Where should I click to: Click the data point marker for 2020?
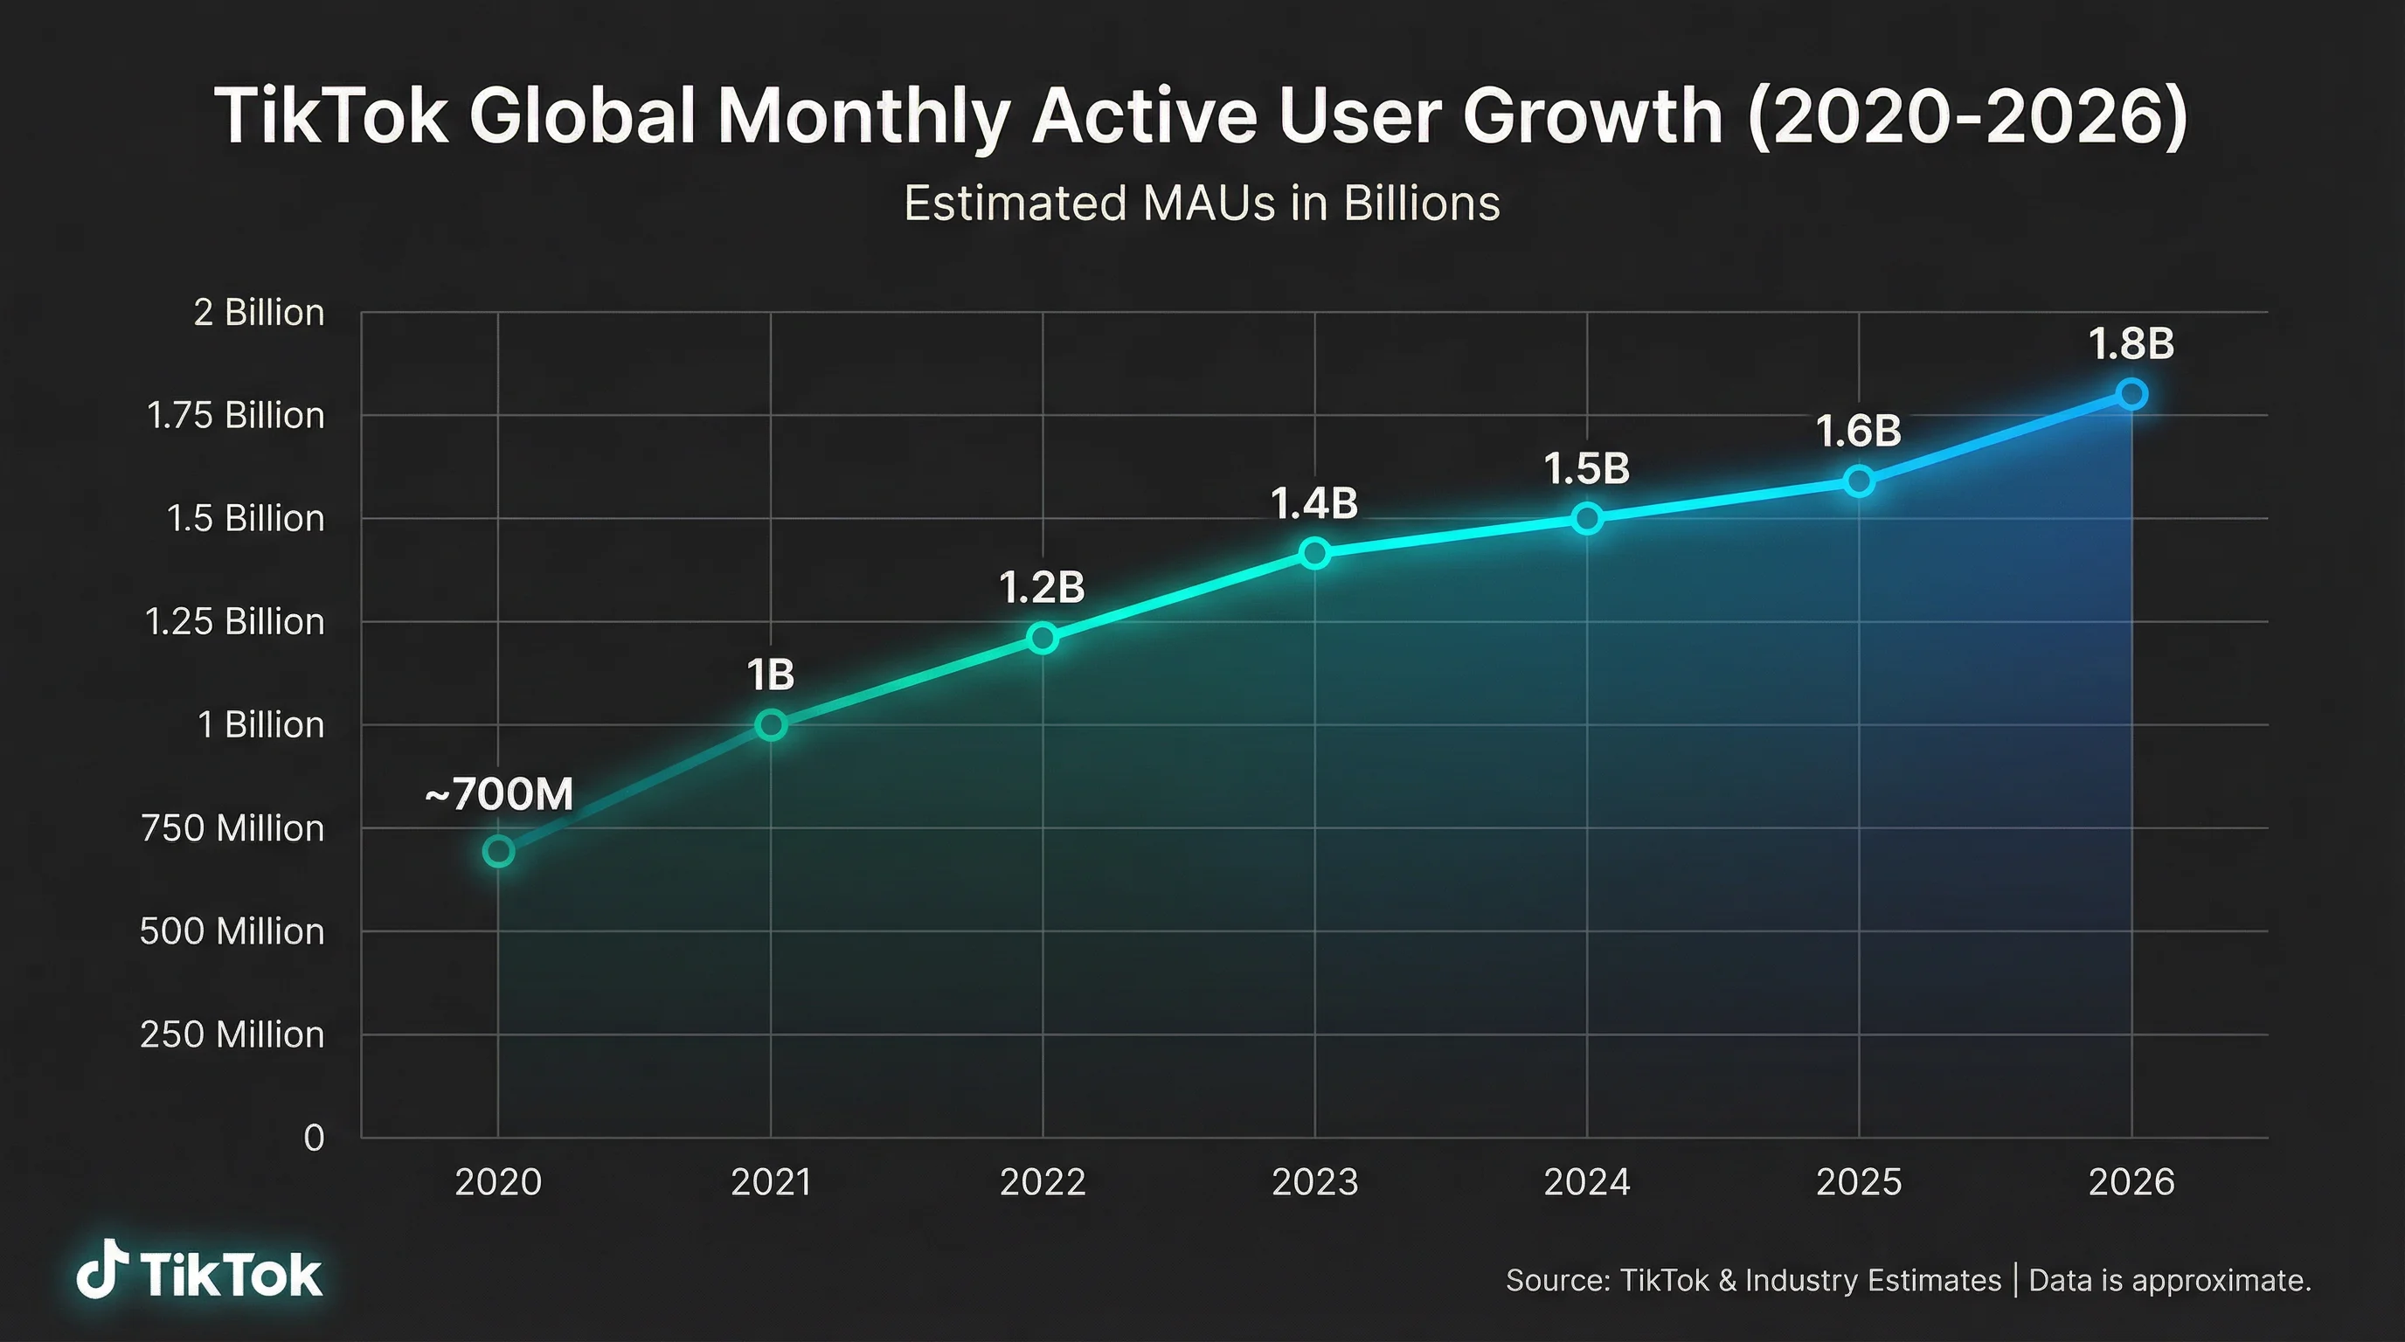pyautogui.click(x=498, y=851)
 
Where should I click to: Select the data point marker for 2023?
pyautogui.click(x=1314, y=553)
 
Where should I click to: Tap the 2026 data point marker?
pyautogui.click(x=2131, y=394)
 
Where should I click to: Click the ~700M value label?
pyautogui.click(x=498, y=795)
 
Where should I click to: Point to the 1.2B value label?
pyautogui.click(x=1042, y=588)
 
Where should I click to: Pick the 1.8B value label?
pyautogui.click(x=2131, y=344)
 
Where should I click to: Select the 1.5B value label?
pyautogui.click(x=1586, y=468)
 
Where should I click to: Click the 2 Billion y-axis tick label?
pyautogui.click(x=259, y=313)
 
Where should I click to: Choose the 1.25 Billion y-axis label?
pyautogui.click(x=234, y=621)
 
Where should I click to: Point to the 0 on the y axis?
pyautogui.click(x=314, y=1138)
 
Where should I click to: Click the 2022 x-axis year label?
pyautogui.click(x=1042, y=1182)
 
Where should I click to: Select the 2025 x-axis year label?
pyautogui.click(x=1859, y=1182)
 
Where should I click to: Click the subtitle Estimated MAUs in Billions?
pyautogui.click(x=1202, y=204)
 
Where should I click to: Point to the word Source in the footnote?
pyautogui.click(x=1557, y=1281)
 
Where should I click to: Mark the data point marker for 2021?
pyautogui.click(x=770, y=724)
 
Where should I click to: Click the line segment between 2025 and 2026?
pyautogui.click(x=1995, y=438)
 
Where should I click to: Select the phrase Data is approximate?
pyautogui.click(x=2170, y=1281)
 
